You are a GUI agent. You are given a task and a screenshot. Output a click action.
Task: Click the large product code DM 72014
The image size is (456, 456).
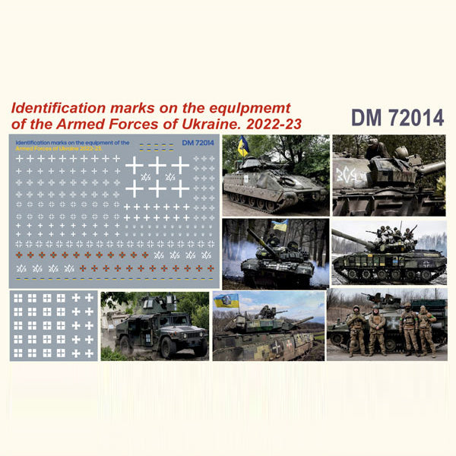coord(397,118)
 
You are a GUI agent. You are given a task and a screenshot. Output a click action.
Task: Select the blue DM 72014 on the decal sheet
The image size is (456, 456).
coord(198,142)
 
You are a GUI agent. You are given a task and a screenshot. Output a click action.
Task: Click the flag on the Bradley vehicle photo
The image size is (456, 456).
coord(243,146)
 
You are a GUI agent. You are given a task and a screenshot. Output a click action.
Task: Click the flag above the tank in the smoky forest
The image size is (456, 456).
coord(280,226)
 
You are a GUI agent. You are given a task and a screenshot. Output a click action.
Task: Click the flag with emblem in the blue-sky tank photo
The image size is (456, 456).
coord(226,300)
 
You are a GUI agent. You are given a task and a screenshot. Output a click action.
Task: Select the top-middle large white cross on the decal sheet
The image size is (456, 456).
coord(157,164)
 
